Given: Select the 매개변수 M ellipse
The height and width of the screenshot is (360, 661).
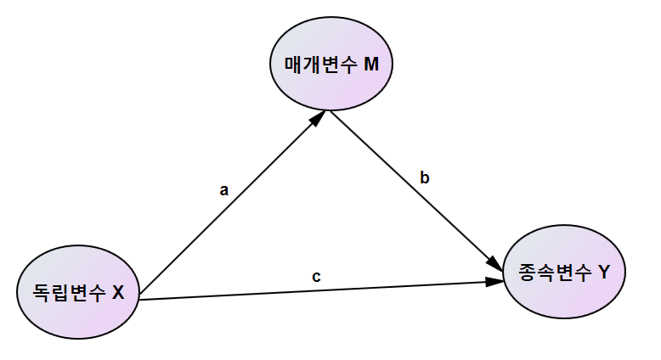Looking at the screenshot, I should pyautogui.click(x=330, y=65).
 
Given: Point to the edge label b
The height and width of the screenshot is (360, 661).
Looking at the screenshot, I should pyautogui.click(x=425, y=177).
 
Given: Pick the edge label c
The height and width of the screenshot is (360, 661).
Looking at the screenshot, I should pyautogui.click(x=316, y=276).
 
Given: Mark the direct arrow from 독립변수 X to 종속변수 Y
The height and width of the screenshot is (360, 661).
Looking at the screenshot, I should pyautogui.click(x=314, y=290).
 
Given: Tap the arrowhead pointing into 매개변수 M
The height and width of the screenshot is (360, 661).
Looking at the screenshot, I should pyautogui.click(x=316, y=121).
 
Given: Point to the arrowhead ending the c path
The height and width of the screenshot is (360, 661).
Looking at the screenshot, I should pyautogui.click(x=494, y=281).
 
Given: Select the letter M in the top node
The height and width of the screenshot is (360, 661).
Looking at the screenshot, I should pyautogui.click(x=370, y=65).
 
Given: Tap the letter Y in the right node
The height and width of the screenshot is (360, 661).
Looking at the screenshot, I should pyautogui.click(x=603, y=273).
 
